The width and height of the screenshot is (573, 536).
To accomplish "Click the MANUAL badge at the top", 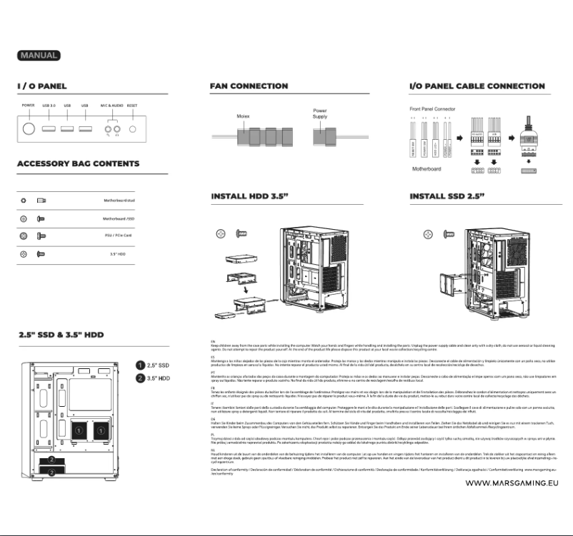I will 39,55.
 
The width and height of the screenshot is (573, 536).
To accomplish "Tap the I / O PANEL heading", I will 42,86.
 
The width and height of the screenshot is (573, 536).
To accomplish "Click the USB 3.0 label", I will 49,106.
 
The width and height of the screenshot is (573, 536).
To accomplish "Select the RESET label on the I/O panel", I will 132,106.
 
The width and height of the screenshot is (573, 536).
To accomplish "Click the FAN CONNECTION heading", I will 249,86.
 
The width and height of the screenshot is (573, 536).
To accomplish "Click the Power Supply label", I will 320,113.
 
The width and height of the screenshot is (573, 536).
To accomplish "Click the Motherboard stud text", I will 114,202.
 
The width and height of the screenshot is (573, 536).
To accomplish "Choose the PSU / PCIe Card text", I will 116,236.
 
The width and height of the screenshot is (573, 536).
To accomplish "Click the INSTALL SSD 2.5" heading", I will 447,196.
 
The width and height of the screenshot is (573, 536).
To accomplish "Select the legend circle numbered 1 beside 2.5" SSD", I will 141,365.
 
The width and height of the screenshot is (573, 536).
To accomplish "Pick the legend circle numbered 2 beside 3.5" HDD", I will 141,378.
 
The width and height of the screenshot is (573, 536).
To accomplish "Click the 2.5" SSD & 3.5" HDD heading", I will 61,335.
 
